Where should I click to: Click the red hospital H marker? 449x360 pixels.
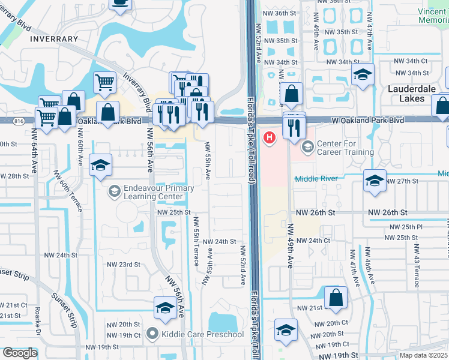(270, 138)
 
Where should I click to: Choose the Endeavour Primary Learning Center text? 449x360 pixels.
(158, 192)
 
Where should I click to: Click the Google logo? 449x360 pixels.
(20, 353)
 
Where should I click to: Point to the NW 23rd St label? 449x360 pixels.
(123, 265)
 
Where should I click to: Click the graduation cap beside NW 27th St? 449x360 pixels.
(374, 181)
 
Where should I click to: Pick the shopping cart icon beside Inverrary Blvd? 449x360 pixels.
(104, 82)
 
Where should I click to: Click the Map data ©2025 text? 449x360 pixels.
(423, 355)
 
